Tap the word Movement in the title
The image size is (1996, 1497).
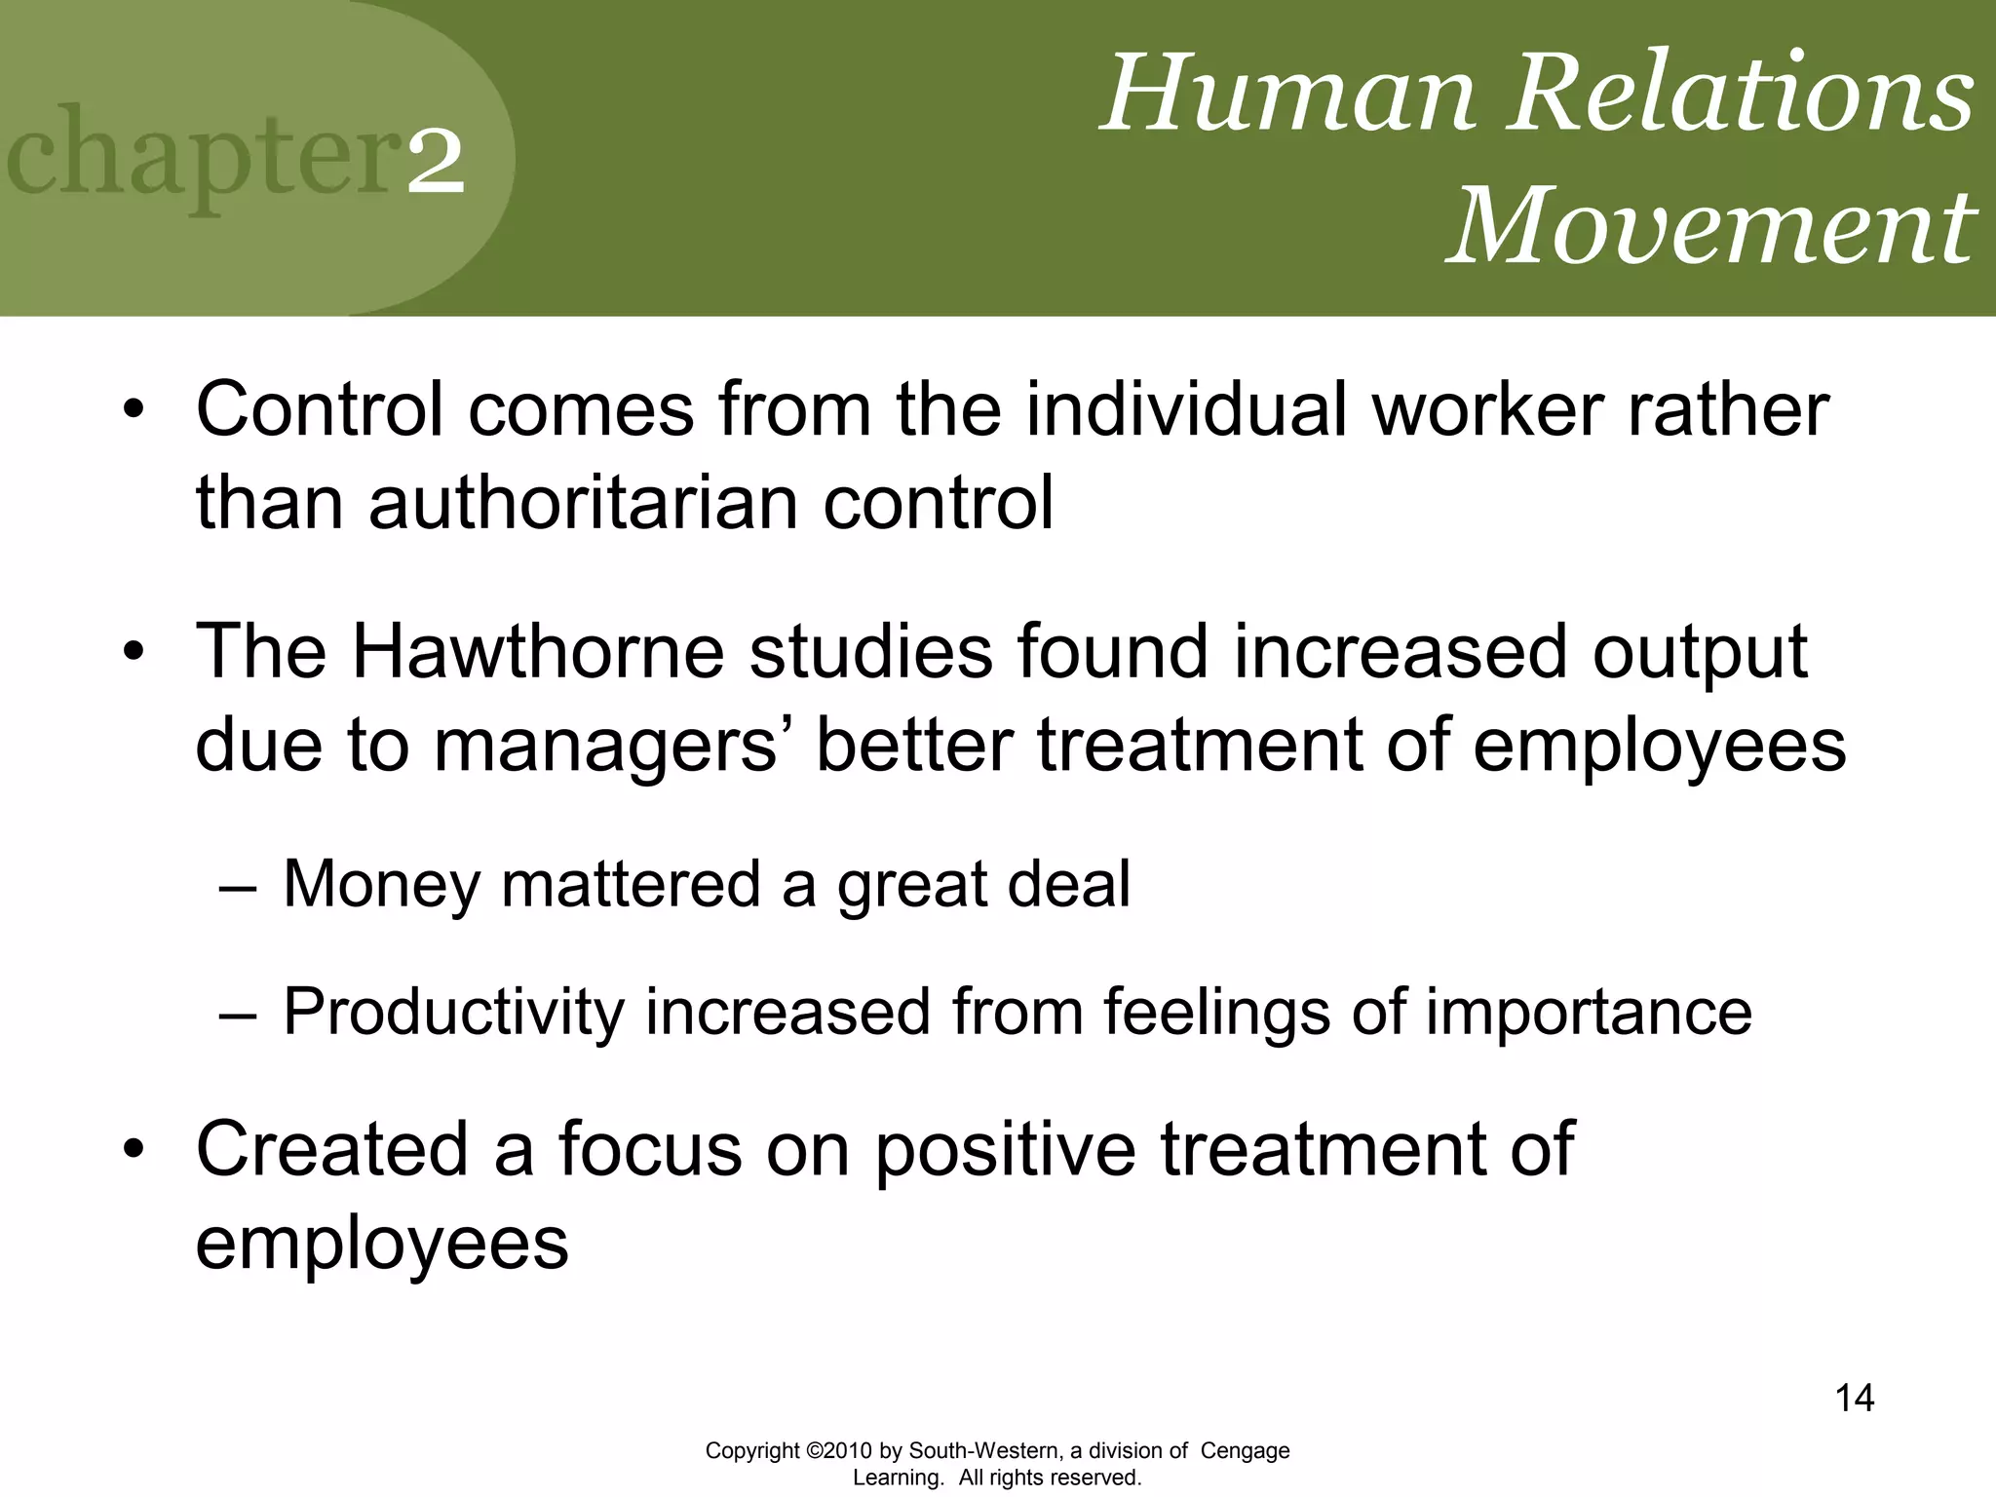pos(1710,226)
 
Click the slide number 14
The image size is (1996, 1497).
pos(1854,1399)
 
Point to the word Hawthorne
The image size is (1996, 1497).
pos(537,651)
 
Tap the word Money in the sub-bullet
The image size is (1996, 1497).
pos(379,884)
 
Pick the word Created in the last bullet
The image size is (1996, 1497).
pos(331,1149)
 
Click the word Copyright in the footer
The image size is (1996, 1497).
pos(752,1451)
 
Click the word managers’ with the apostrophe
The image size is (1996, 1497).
pos(616,746)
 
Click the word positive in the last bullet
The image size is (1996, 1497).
pos(1004,1149)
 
